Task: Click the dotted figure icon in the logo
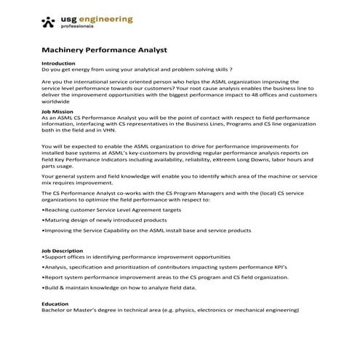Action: tap(48, 22)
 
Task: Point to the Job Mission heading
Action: tap(59, 111)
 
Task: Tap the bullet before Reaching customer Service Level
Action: tap(44, 209)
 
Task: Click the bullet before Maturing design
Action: tap(44, 219)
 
